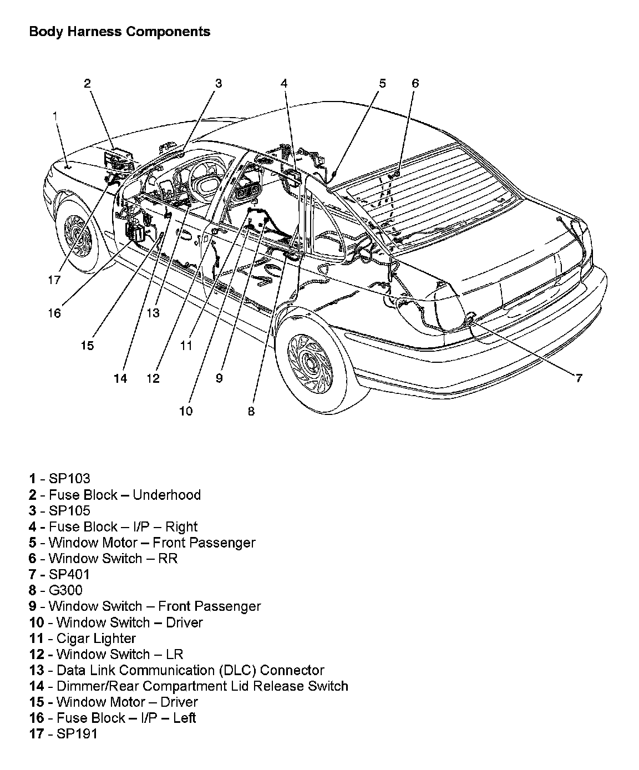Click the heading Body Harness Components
pyautogui.click(x=119, y=32)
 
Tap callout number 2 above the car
pyautogui.click(x=87, y=83)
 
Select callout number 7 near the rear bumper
pyautogui.click(x=578, y=378)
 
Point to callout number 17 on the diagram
pyautogui.click(x=54, y=280)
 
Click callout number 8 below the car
pyautogui.click(x=251, y=411)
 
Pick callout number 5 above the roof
pyautogui.click(x=382, y=83)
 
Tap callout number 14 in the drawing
pyautogui.click(x=120, y=378)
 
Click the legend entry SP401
pyautogui.click(x=59, y=574)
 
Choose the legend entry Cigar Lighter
pyautogui.click(x=83, y=638)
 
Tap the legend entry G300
pyautogui.click(x=55, y=590)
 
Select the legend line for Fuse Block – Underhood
pyautogui.click(x=115, y=494)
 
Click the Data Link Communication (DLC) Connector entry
pyautogui.click(x=176, y=670)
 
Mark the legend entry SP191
pyautogui.click(x=63, y=733)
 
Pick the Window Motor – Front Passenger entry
pyautogui.click(x=143, y=543)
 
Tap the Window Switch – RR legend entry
pyautogui.click(x=104, y=558)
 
